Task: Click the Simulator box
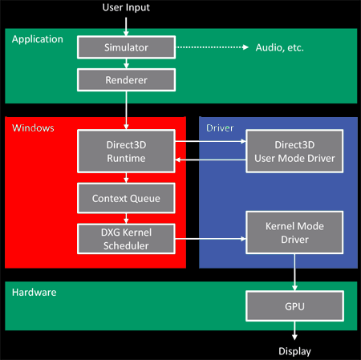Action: click(x=126, y=47)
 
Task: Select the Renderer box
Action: click(x=126, y=79)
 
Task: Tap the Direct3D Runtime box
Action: click(x=126, y=151)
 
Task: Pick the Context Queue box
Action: click(x=126, y=197)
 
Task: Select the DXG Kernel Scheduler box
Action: click(x=126, y=238)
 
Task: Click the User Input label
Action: click(x=126, y=8)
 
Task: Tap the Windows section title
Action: click(x=32, y=127)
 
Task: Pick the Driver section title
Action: click(x=220, y=127)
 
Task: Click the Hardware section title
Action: click(x=34, y=293)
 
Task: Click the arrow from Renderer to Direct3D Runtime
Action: click(x=126, y=111)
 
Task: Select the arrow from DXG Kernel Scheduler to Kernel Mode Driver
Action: click(x=209, y=239)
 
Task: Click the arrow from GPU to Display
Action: click(x=294, y=330)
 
